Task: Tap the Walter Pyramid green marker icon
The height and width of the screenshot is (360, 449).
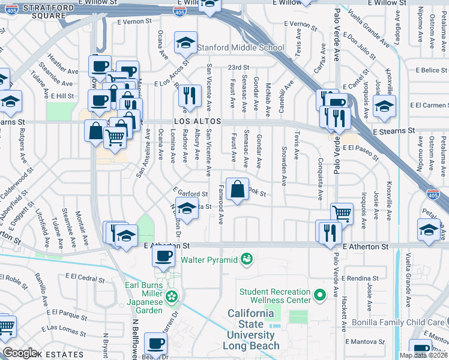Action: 246,259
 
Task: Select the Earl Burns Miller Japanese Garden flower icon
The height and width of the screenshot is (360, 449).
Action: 172,296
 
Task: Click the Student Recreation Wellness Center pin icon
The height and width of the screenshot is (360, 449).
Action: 320,294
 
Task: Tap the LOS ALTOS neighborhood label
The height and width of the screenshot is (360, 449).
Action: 197,121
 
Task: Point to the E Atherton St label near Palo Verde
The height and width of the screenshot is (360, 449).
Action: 366,247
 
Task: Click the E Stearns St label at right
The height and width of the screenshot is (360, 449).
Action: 394,130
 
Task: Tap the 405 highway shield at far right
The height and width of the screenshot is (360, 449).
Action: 432,194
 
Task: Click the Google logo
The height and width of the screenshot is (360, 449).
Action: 20,353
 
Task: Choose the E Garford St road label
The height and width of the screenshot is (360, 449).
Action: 191,194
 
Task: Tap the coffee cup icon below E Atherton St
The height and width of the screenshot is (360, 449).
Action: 162,257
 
